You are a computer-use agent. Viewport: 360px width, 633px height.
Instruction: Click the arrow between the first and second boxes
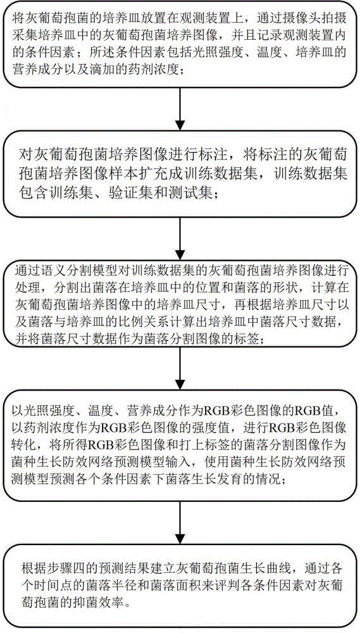click(180, 107)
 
